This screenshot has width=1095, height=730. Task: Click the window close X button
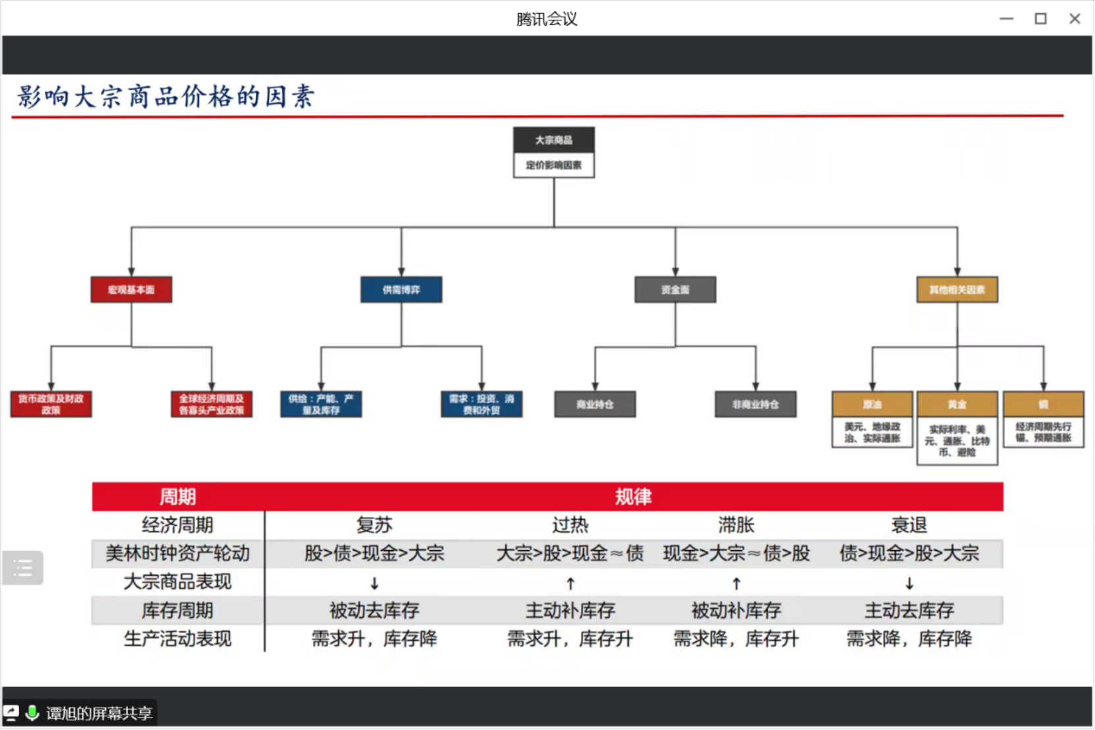point(1075,18)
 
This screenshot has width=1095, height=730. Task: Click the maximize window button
point(1040,18)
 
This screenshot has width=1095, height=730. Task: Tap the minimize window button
point(1006,18)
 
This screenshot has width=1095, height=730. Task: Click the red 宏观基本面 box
point(131,289)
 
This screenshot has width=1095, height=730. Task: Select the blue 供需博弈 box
point(401,289)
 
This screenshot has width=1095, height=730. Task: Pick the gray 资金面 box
point(675,289)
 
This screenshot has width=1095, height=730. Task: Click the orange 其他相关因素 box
point(957,289)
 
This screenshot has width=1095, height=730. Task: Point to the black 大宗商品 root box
point(553,140)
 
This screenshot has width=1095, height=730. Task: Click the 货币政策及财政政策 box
point(51,404)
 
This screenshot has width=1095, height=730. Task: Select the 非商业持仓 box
point(755,404)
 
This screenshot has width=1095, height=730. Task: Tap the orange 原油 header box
point(872,404)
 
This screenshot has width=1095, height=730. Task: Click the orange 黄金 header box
point(957,404)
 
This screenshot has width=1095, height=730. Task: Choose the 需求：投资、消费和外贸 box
point(482,404)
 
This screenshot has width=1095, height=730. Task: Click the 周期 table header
point(177,496)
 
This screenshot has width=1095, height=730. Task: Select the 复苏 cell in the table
point(374,525)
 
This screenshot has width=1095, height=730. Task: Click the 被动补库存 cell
point(736,610)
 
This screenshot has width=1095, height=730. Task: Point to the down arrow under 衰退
point(909,583)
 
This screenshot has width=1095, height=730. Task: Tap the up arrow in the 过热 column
point(571,583)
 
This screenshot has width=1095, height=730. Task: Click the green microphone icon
point(32,713)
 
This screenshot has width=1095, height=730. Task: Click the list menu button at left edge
point(23,567)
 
